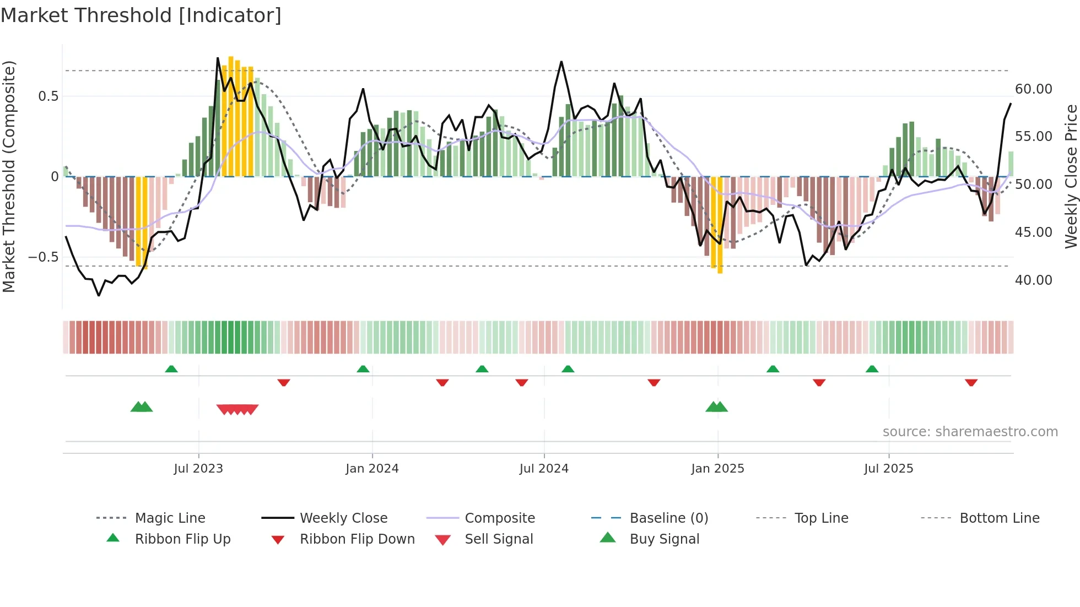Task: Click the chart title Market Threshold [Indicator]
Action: pyautogui.click(x=141, y=15)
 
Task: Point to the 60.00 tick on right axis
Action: pyautogui.click(x=1033, y=89)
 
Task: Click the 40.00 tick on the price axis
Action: pyautogui.click(x=1033, y=280)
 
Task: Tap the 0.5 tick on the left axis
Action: pyautogui.click(x=48, y=96)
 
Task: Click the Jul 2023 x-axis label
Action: pyautogui.click(x=198, y=469)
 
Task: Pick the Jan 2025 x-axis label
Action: pyautogui.click(x=717, y=469)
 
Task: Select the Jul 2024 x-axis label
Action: pyautogui.click(x=544, y=469)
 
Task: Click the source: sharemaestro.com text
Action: pyautogui.click(x=970, y=432)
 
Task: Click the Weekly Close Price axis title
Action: pyautogui.click(x=1071, y=176)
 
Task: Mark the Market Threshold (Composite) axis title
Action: pyautogui.click(x=9, y=176)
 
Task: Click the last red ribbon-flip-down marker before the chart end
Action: pyautogui.click(x=971, y=382)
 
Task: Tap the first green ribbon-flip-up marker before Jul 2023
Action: pyautogui.click(x=171, y=369)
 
